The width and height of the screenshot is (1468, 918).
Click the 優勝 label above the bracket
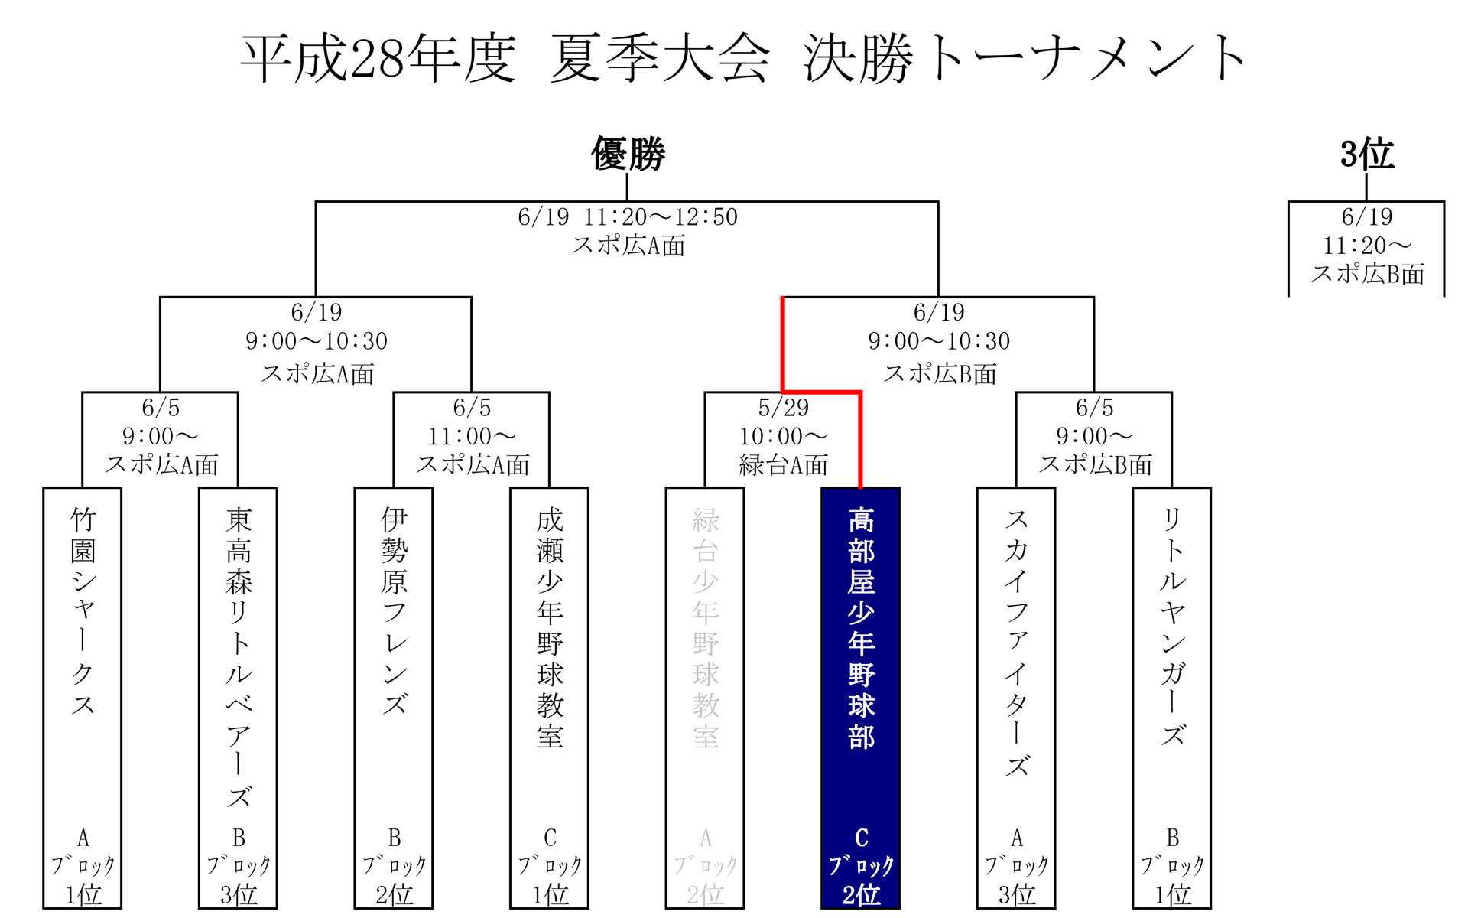pos(628,154)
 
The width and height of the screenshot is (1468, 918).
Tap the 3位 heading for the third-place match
pos(1366,154)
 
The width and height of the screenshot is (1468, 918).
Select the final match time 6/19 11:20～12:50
pos(628,217)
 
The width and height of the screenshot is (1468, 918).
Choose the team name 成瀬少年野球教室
pos(550,627)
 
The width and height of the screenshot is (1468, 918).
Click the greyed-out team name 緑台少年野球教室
pos(706,627)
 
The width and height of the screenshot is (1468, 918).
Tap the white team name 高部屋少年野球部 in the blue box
pos(861,627)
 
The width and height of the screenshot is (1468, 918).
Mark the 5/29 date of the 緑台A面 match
pos(783,408)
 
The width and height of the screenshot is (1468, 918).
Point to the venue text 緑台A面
pos(783,465)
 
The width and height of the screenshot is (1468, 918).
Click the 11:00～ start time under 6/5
pos(472,437)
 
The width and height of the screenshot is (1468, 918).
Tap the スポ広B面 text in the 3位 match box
pos(1367,274)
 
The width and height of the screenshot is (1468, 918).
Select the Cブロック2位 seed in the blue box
pos(861,866)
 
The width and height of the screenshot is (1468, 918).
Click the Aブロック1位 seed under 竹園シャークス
pos(83,866)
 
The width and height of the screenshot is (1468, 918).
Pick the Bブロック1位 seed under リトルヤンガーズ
pos(1172,866)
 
